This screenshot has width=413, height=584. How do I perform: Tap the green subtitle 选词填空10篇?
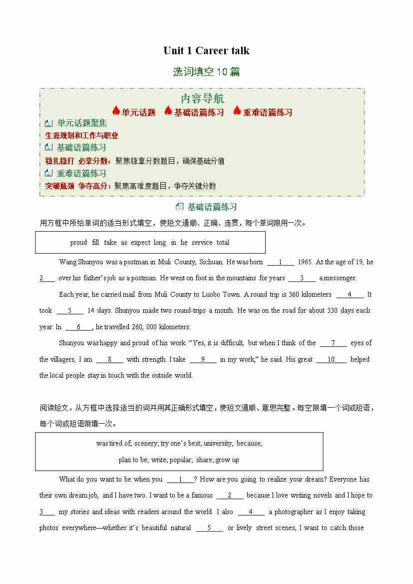206,72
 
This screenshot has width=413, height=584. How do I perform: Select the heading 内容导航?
202,98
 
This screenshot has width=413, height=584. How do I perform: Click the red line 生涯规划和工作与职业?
82,135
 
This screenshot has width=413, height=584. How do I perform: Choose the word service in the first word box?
202,243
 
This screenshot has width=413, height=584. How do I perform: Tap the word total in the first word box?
223,243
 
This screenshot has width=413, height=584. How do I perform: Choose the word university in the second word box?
218,443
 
